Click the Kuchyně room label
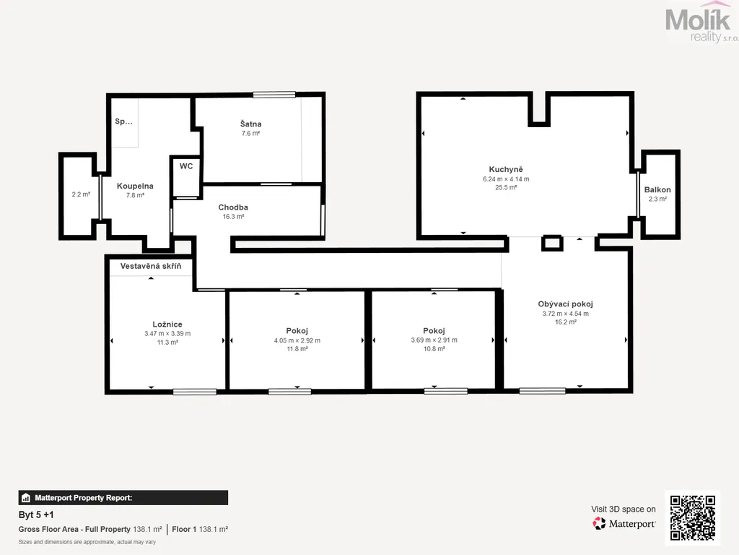(x=506, y=169)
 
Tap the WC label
(x=186, y=166)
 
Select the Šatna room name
(x=250, y=124)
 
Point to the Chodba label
(x=233, y=207)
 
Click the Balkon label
(x=657, y=190)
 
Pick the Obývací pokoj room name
(x=566, y=304)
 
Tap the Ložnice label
(x=167, y=324)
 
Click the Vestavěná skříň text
(x=151, y=266)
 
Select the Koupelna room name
(x=135, y=186)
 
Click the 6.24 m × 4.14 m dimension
(x=506, y=179)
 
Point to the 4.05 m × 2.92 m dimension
(x=297, y=340)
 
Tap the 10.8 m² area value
(x=434, y=349)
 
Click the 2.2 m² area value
(x=81, y=194)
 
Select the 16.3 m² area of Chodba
(x=233, y=217)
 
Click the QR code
(x=693, y=517)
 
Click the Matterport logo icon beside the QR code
(x=599, y=523)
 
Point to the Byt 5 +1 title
(x=36, y=515)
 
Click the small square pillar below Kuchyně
(x=552, y=243)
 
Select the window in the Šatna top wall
(x=274, y=95)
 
